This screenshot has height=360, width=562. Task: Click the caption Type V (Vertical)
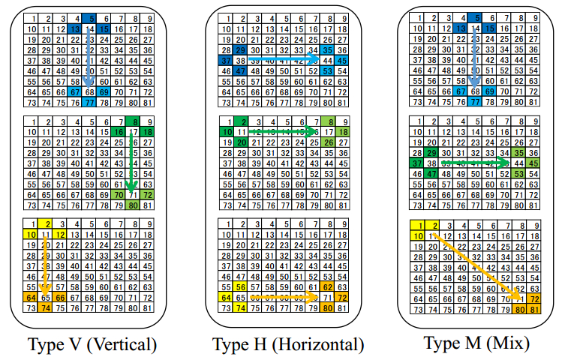pyautogui.click(x=92, y=345)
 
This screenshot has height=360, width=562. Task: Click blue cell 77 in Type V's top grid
pyautogui.click(x=89, y=102)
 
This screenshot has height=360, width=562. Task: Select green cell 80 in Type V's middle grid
pyautogui.click(x=133, y=205)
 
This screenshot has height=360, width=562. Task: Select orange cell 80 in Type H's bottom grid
pyautogui.click(x=327, y=307)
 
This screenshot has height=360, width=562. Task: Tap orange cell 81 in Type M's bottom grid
pyautogui.click(x=534, y=307)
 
